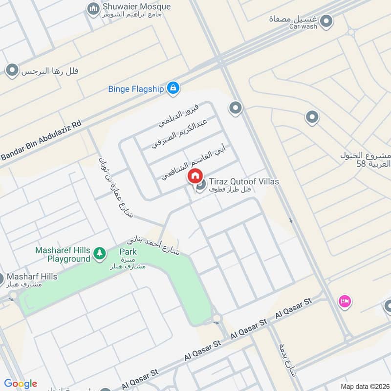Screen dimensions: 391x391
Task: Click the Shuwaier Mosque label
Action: pyautogui.click(x=136, y=7)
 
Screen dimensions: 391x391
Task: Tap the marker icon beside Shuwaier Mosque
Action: pyautogui.click(x=93, y=8)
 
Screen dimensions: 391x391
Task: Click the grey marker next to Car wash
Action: pyautogui.click(x=326, y=21)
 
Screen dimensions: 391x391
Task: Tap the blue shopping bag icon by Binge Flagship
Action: pyautogui.click(x=172, y=88)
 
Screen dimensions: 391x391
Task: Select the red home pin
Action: pyautogui.click(x=195, y=175)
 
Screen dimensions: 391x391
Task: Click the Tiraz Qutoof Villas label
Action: pyautogui.click(x=244, y=182)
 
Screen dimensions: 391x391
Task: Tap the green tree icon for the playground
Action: pyautogui.click(x=100, y=253)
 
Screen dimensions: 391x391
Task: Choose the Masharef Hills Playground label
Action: pyautogui.click(x=63, y=254)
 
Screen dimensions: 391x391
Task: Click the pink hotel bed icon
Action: pyautogui.click(x=344, y=301)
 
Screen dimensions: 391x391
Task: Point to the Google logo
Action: pyautogui.click(x=21, y=384)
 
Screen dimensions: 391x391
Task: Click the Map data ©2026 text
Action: pyautogui.click(x=364, y=386)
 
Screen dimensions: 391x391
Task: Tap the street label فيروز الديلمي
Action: pyautogui.click(x=178, y=115)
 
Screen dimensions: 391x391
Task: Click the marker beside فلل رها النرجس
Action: pyautogui.click(x=12, y=71)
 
